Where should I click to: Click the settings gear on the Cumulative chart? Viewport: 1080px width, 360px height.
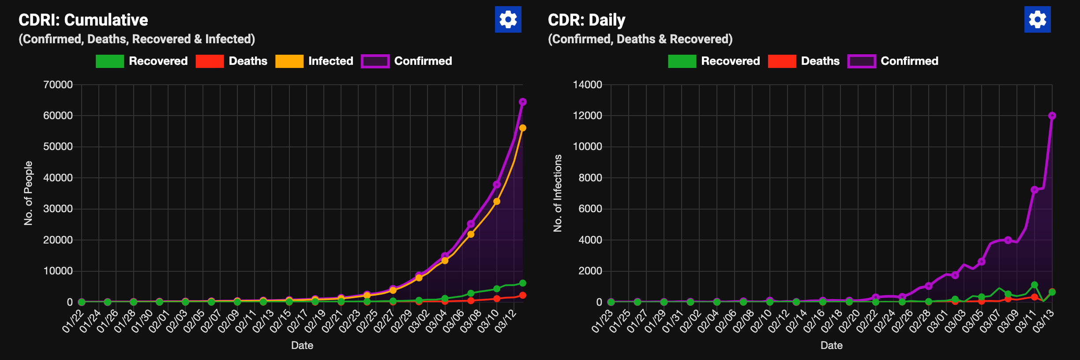pyautogui.click(x=508, y=19)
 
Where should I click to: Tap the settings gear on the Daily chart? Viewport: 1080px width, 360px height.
pyautogui.click(x=1037, y=19)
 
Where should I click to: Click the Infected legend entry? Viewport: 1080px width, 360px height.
pyautogui.click(x=314, y=61)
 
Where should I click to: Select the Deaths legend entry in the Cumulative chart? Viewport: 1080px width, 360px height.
pyautogui.click(x=232, y=61)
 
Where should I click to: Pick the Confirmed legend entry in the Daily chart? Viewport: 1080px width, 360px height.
pyautogui.click(x=893, y=61)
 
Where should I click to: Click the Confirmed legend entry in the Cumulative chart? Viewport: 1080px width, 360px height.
pyautogui.click(x=406, y=61)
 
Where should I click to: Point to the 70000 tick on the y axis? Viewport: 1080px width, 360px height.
pyautogui.click(x=58, y=85)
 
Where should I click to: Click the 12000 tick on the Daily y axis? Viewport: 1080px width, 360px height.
pyautogui.click(x=587, y=116)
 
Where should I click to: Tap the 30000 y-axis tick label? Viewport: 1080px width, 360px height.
pyautogui.click(x=58, y=209)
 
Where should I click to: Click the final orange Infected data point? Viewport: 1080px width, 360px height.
pyautogui.click(x=523, y=128)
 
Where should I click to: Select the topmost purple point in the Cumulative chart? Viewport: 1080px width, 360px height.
pyautogui.click(x=523, y=102)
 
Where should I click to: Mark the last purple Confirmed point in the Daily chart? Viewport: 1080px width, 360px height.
pyautogui.click(x=1052, y=116)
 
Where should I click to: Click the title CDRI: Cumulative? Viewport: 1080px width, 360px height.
pyautogui.click(x=83, y=20)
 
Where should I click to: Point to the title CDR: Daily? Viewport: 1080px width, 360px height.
pyautogui.click(x=586, y=20)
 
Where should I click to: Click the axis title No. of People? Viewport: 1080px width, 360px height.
pyautogui.click(x=28, y=193)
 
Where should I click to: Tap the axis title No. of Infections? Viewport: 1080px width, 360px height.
pyautogui.click(x=558, y=193)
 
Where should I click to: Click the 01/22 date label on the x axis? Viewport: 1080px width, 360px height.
pyautogui.click(x=74, y=321)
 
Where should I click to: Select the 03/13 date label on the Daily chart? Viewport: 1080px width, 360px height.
pyautogui.click(x=1044, y=321)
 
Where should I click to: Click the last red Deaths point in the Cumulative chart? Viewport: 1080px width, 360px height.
pyautogui.click(x=523, y=295)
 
